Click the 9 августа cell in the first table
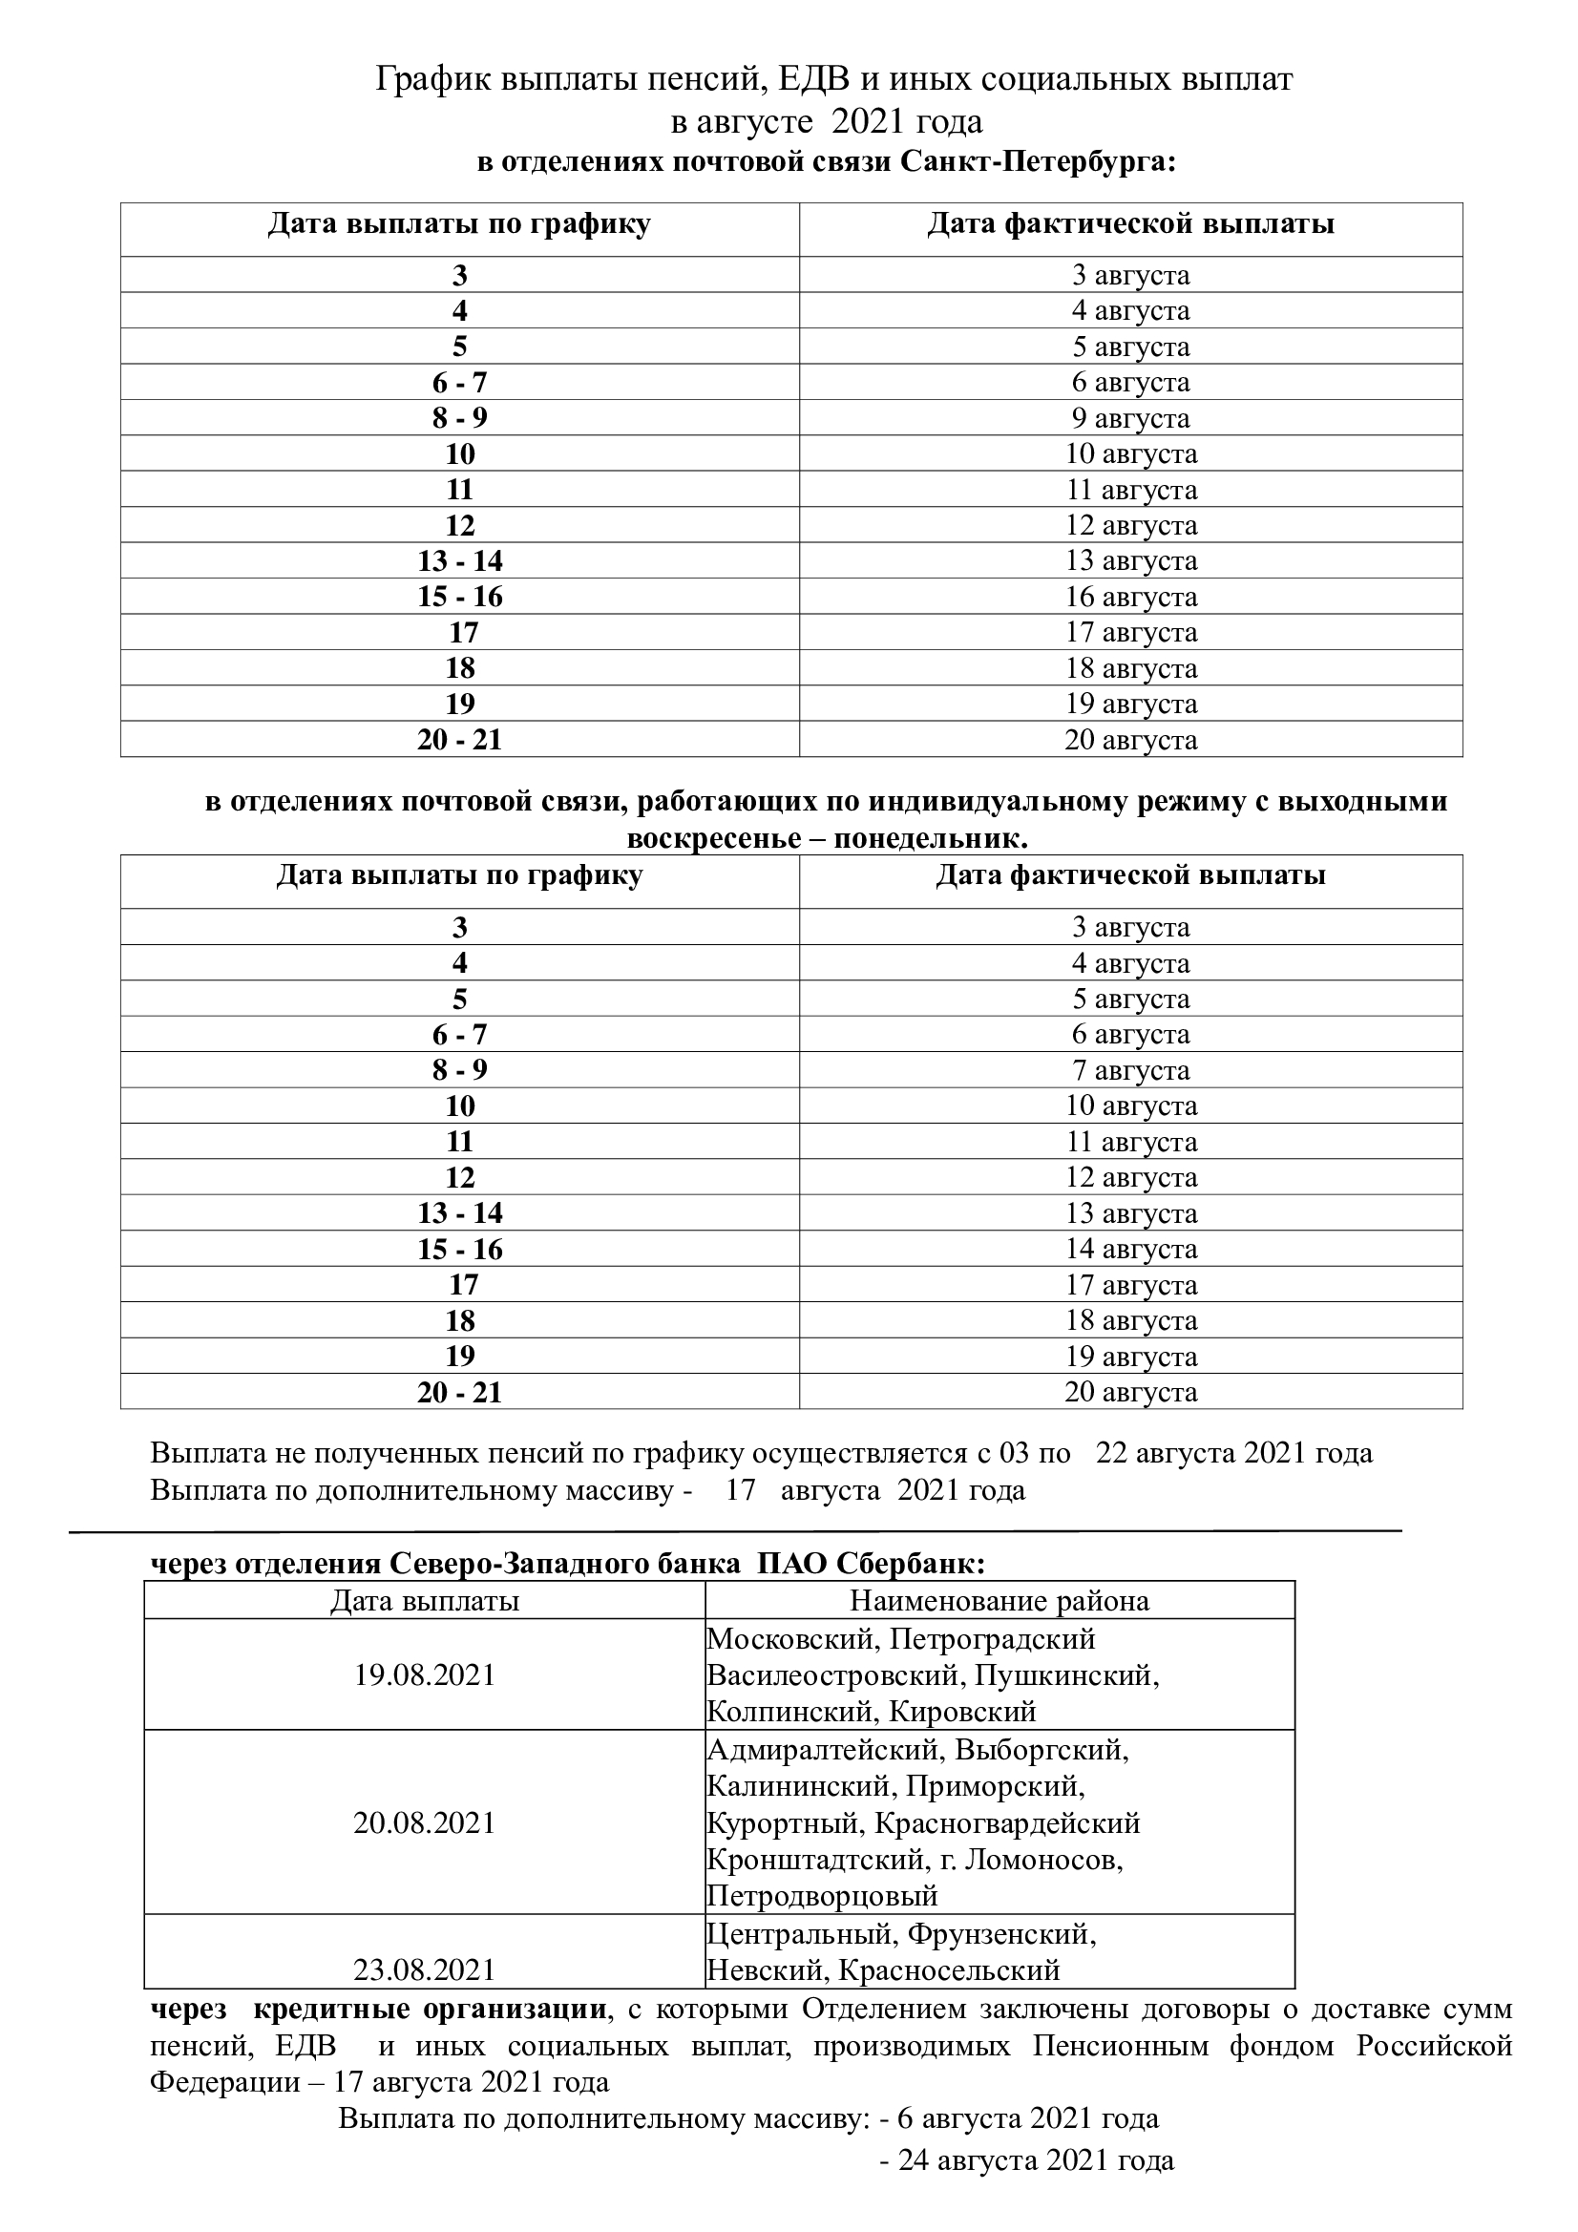click(1130, 418)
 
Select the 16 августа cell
click(1130, 597)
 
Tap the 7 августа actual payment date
click(1130, 1070)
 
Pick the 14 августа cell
click(1130, 1250)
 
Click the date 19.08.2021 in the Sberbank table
click(425, 1675)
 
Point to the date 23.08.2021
click(425, 1969)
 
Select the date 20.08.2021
click(425, 1822)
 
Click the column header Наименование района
click(999, 1601)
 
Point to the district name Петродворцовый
click(823, 1896)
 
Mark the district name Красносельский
click(949, 1970)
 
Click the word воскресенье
click(711, 838)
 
